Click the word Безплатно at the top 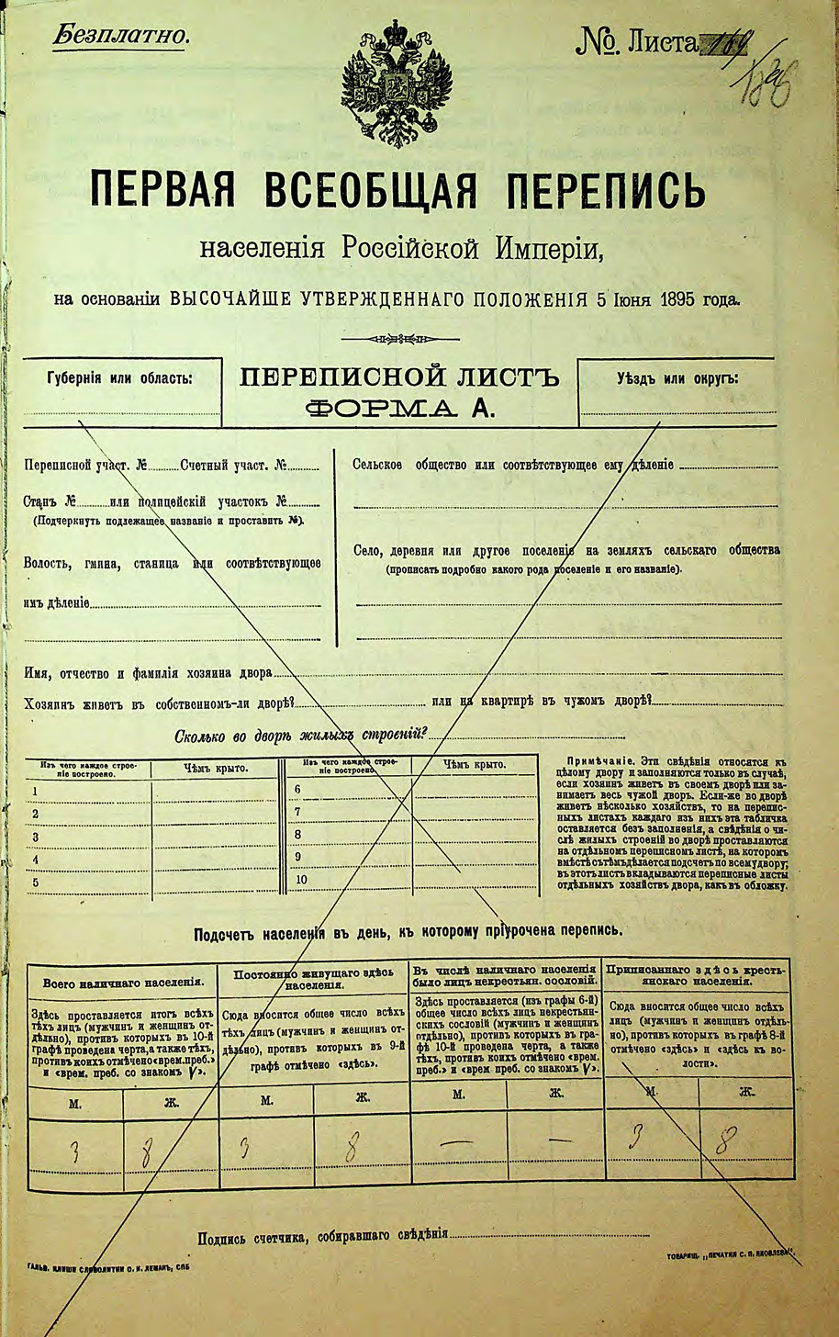120,36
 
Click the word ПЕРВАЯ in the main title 162,191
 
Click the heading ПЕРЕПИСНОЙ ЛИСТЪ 399,377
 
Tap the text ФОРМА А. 399,409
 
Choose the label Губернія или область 119,378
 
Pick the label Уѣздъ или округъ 677,377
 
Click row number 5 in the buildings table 35,883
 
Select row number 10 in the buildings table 301,880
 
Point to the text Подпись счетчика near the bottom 248,1239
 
